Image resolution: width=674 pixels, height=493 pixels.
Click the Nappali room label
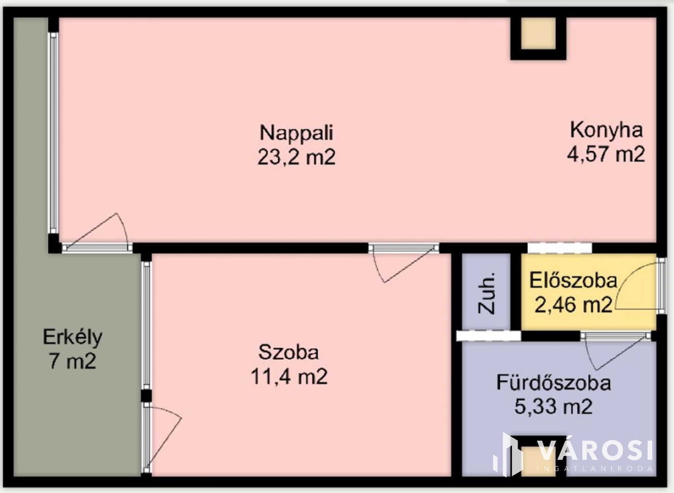pyautogui.click(x=296, y=133)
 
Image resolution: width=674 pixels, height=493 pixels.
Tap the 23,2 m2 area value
pyautogui.click(x=296, y=157)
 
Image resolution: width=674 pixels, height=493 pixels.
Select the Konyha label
pyautogui.click(x=606, y=131)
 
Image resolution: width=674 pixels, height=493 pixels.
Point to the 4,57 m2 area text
pyautogui.click(x=606, y=154)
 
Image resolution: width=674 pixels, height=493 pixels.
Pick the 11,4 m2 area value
pyautogui.click(x=289, y=376)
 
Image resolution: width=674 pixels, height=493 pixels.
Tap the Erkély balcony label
pyautogui.click(x=72, y=337)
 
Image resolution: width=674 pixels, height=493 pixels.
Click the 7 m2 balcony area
pyautogui.click(x=72, y=362)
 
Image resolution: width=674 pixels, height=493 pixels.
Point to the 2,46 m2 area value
pyautogui.click(x=573, y=305)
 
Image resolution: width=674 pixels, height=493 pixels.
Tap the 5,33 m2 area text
pyautogui.click(x=553, y=407)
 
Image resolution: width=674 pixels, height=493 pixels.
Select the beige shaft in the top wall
pyautogui.click(x=538, y=34)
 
